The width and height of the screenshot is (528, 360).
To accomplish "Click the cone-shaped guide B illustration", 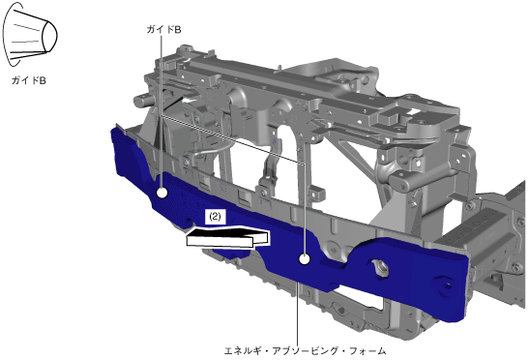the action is point(30,35).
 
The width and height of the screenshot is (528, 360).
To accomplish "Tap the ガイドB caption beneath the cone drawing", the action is point(29,80).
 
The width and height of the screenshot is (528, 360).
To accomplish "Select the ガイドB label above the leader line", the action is point(163,30).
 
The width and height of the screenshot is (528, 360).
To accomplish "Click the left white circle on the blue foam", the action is point(161,193).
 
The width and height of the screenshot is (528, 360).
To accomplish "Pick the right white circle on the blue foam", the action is point(305,259).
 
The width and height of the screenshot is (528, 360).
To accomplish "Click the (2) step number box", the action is point(216,217).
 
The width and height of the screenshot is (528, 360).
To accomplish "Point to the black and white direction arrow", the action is point(227,237).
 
